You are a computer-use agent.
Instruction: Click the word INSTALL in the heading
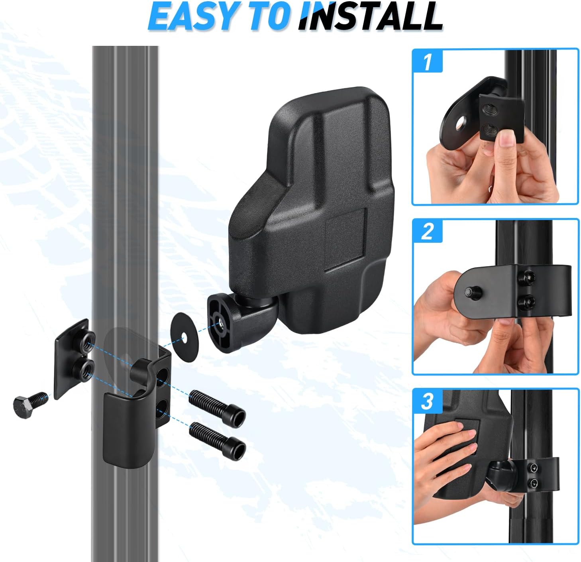[x=371, y=17]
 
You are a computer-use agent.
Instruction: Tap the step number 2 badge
[x=427, y=231]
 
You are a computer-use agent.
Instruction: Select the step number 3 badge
[x=427, y=401]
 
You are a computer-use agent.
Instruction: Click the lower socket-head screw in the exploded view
[x=218, y=437]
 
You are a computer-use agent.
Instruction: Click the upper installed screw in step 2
[x=528, y=275]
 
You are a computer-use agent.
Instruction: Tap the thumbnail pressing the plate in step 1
[x=506, y=140]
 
